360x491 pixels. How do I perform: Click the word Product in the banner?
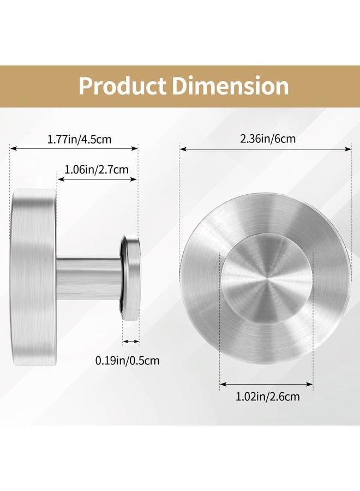[x=122, y=86]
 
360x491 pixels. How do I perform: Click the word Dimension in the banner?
[x=231, y=86]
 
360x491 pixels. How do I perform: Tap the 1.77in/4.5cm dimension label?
[x=79, y=139]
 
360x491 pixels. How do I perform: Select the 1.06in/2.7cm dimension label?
[x=97, y=170]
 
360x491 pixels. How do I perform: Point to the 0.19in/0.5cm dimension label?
[x=128, y=361]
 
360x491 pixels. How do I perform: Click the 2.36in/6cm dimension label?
[x=268, y=139]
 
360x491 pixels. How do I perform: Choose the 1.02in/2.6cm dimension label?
[x=268, y=397]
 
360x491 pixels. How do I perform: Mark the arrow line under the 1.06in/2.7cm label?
[x=97, y=179]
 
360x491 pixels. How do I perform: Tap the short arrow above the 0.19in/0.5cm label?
[x=131, y=341]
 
